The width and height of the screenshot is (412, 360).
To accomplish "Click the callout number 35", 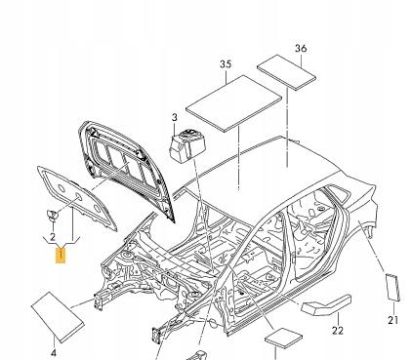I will [x=226, y=64].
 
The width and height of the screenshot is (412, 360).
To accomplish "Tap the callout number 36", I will [x=301, y=48].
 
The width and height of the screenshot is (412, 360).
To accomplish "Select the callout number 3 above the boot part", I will [x=175, y=117].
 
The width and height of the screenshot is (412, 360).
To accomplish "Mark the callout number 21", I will [x=392, y=320].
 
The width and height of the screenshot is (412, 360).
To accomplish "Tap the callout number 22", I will [x=338, y=330].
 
